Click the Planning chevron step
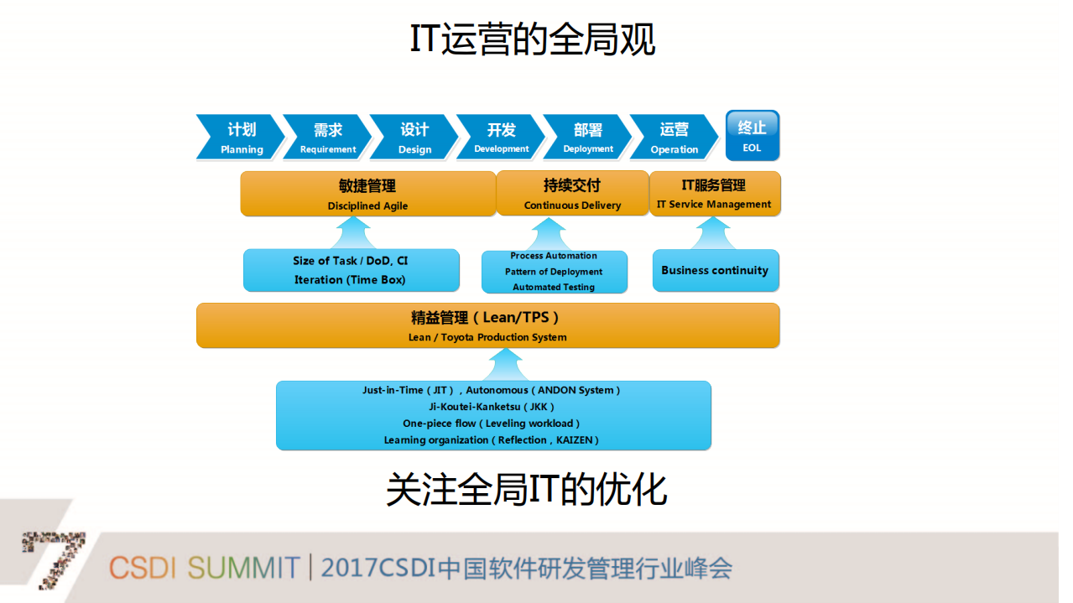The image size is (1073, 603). coord(239,137)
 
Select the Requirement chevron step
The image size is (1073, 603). coord(326,137)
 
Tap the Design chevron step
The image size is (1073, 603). coord(414,137)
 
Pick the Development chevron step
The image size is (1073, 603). coord(500,137)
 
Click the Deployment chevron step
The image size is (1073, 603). coord(587,137)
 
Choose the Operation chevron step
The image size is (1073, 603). coord(674,137)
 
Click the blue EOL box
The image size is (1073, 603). coord(752,135)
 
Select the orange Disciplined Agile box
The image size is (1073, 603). coord(367,194)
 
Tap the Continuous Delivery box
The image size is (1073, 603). coord(572,194)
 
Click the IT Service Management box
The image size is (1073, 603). coord(714,194)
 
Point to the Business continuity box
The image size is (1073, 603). coord(715,270)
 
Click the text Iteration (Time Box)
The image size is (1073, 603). coord(350,280)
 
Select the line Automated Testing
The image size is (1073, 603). coord(554,287)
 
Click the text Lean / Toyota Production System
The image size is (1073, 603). coord(487,337)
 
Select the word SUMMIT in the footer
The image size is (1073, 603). coord(243,568)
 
